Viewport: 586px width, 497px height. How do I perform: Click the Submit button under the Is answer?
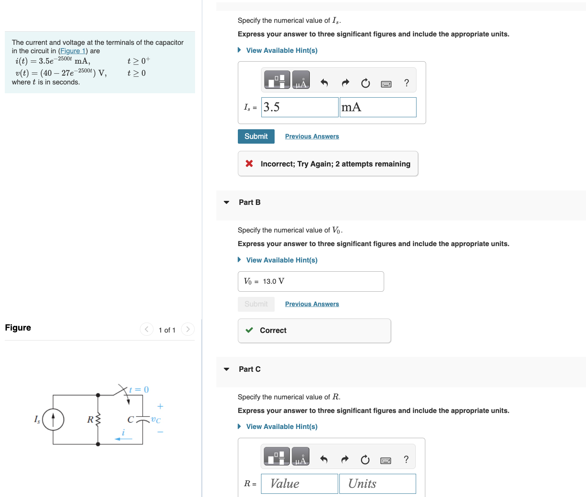click(256, 136)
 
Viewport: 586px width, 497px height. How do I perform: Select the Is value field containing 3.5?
click(299, 107)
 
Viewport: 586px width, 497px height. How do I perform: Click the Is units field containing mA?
click(378, 107)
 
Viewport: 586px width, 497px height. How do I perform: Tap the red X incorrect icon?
click(249, 163)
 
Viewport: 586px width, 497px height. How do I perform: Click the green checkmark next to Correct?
click(249, 330)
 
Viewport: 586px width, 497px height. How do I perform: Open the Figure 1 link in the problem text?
click(73, 51)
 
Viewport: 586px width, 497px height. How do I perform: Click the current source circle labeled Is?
click(53, 419)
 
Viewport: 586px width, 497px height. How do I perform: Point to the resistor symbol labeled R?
click(98, 419)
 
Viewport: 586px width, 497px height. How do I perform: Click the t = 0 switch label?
click(139, 389)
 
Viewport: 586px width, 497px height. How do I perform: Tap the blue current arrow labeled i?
click(124, 439)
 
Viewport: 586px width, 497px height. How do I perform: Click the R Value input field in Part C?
click(299, 483)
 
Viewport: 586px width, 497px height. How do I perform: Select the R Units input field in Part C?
click(377, 483)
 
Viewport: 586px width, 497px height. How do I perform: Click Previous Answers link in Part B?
click(312, 304)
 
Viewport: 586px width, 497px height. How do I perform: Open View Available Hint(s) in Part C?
click(281, 427)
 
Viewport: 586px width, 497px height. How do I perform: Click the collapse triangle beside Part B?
click(227, 202)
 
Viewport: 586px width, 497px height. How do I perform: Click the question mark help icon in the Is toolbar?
click(407, 83)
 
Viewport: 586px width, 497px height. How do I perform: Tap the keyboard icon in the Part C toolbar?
click(386, 460)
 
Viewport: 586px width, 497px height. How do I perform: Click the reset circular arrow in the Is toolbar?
click(365, 83)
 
